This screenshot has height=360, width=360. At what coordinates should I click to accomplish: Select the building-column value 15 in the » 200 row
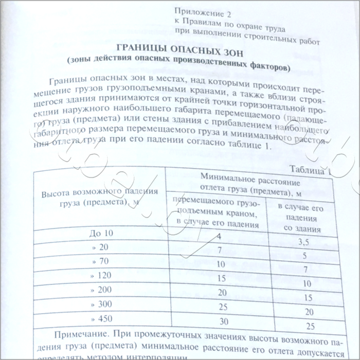coord(308,297)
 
